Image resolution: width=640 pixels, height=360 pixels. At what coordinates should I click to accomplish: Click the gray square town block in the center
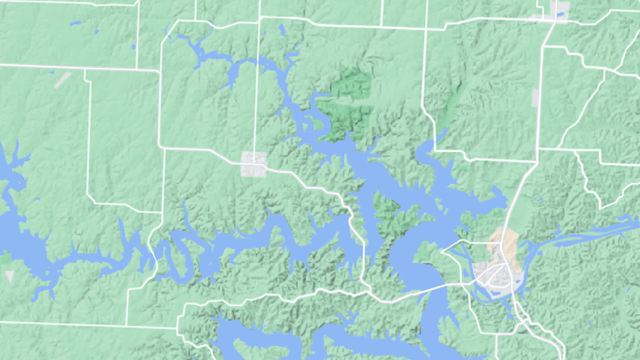pyautogui.click(x=254, y=165)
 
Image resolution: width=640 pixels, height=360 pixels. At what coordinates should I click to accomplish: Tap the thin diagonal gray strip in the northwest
pyautogui.click(x=62, y=79)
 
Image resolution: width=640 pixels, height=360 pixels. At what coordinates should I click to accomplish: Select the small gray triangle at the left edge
pyautogui.click(x=9, y=276)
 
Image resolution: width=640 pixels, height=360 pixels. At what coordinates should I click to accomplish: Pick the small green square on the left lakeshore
pyautogui.click(x=5, y=258)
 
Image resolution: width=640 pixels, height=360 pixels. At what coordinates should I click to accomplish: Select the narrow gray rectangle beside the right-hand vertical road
pyautogui.click(x=535, y=98)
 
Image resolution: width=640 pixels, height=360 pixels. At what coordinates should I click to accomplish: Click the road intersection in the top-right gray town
pyautogui.click(x=555, y=20)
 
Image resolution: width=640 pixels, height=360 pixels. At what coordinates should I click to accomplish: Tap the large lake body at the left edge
pyautogui.click(x=17, y=236)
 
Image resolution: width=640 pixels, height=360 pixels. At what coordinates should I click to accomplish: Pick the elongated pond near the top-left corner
pyautogui.click(x=75, y=23)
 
